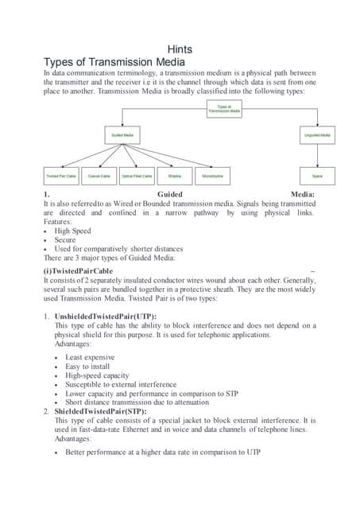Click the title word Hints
point(180,49)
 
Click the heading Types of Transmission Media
point(114,63)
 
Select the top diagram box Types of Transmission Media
point(223,109)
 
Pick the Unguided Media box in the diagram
point(317,136)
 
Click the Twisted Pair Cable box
point(61,176)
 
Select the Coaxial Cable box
point(99,176)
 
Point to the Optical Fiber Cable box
point(137,176)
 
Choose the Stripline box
point(175,176)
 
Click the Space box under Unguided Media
point(317,176)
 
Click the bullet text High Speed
point(72,231)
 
